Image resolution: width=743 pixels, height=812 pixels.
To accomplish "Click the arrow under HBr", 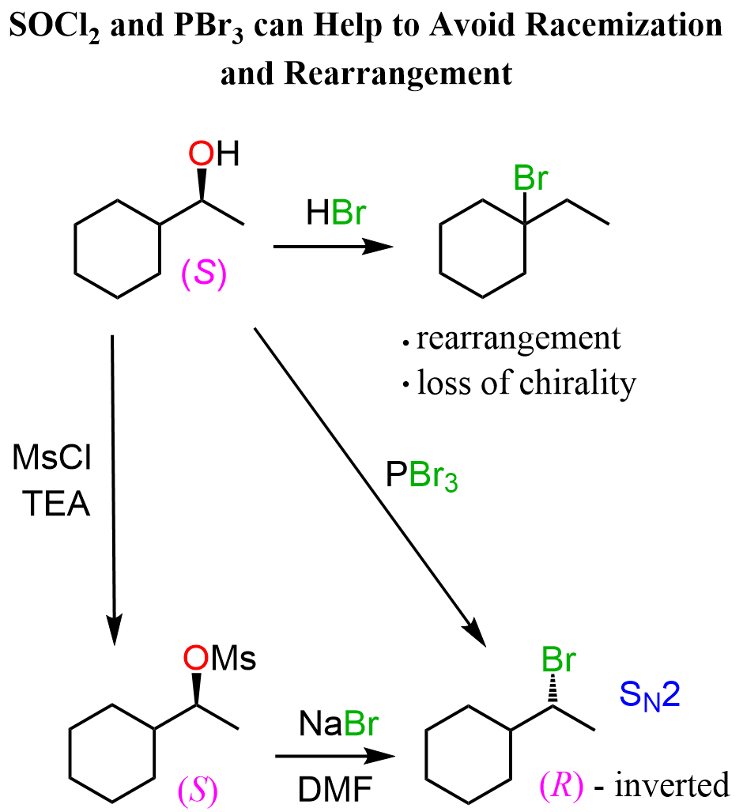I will point(333,247).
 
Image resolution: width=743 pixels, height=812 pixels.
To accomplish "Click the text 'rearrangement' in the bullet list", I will point(518,339).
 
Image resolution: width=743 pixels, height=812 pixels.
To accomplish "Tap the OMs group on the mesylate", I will point(219,658).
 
